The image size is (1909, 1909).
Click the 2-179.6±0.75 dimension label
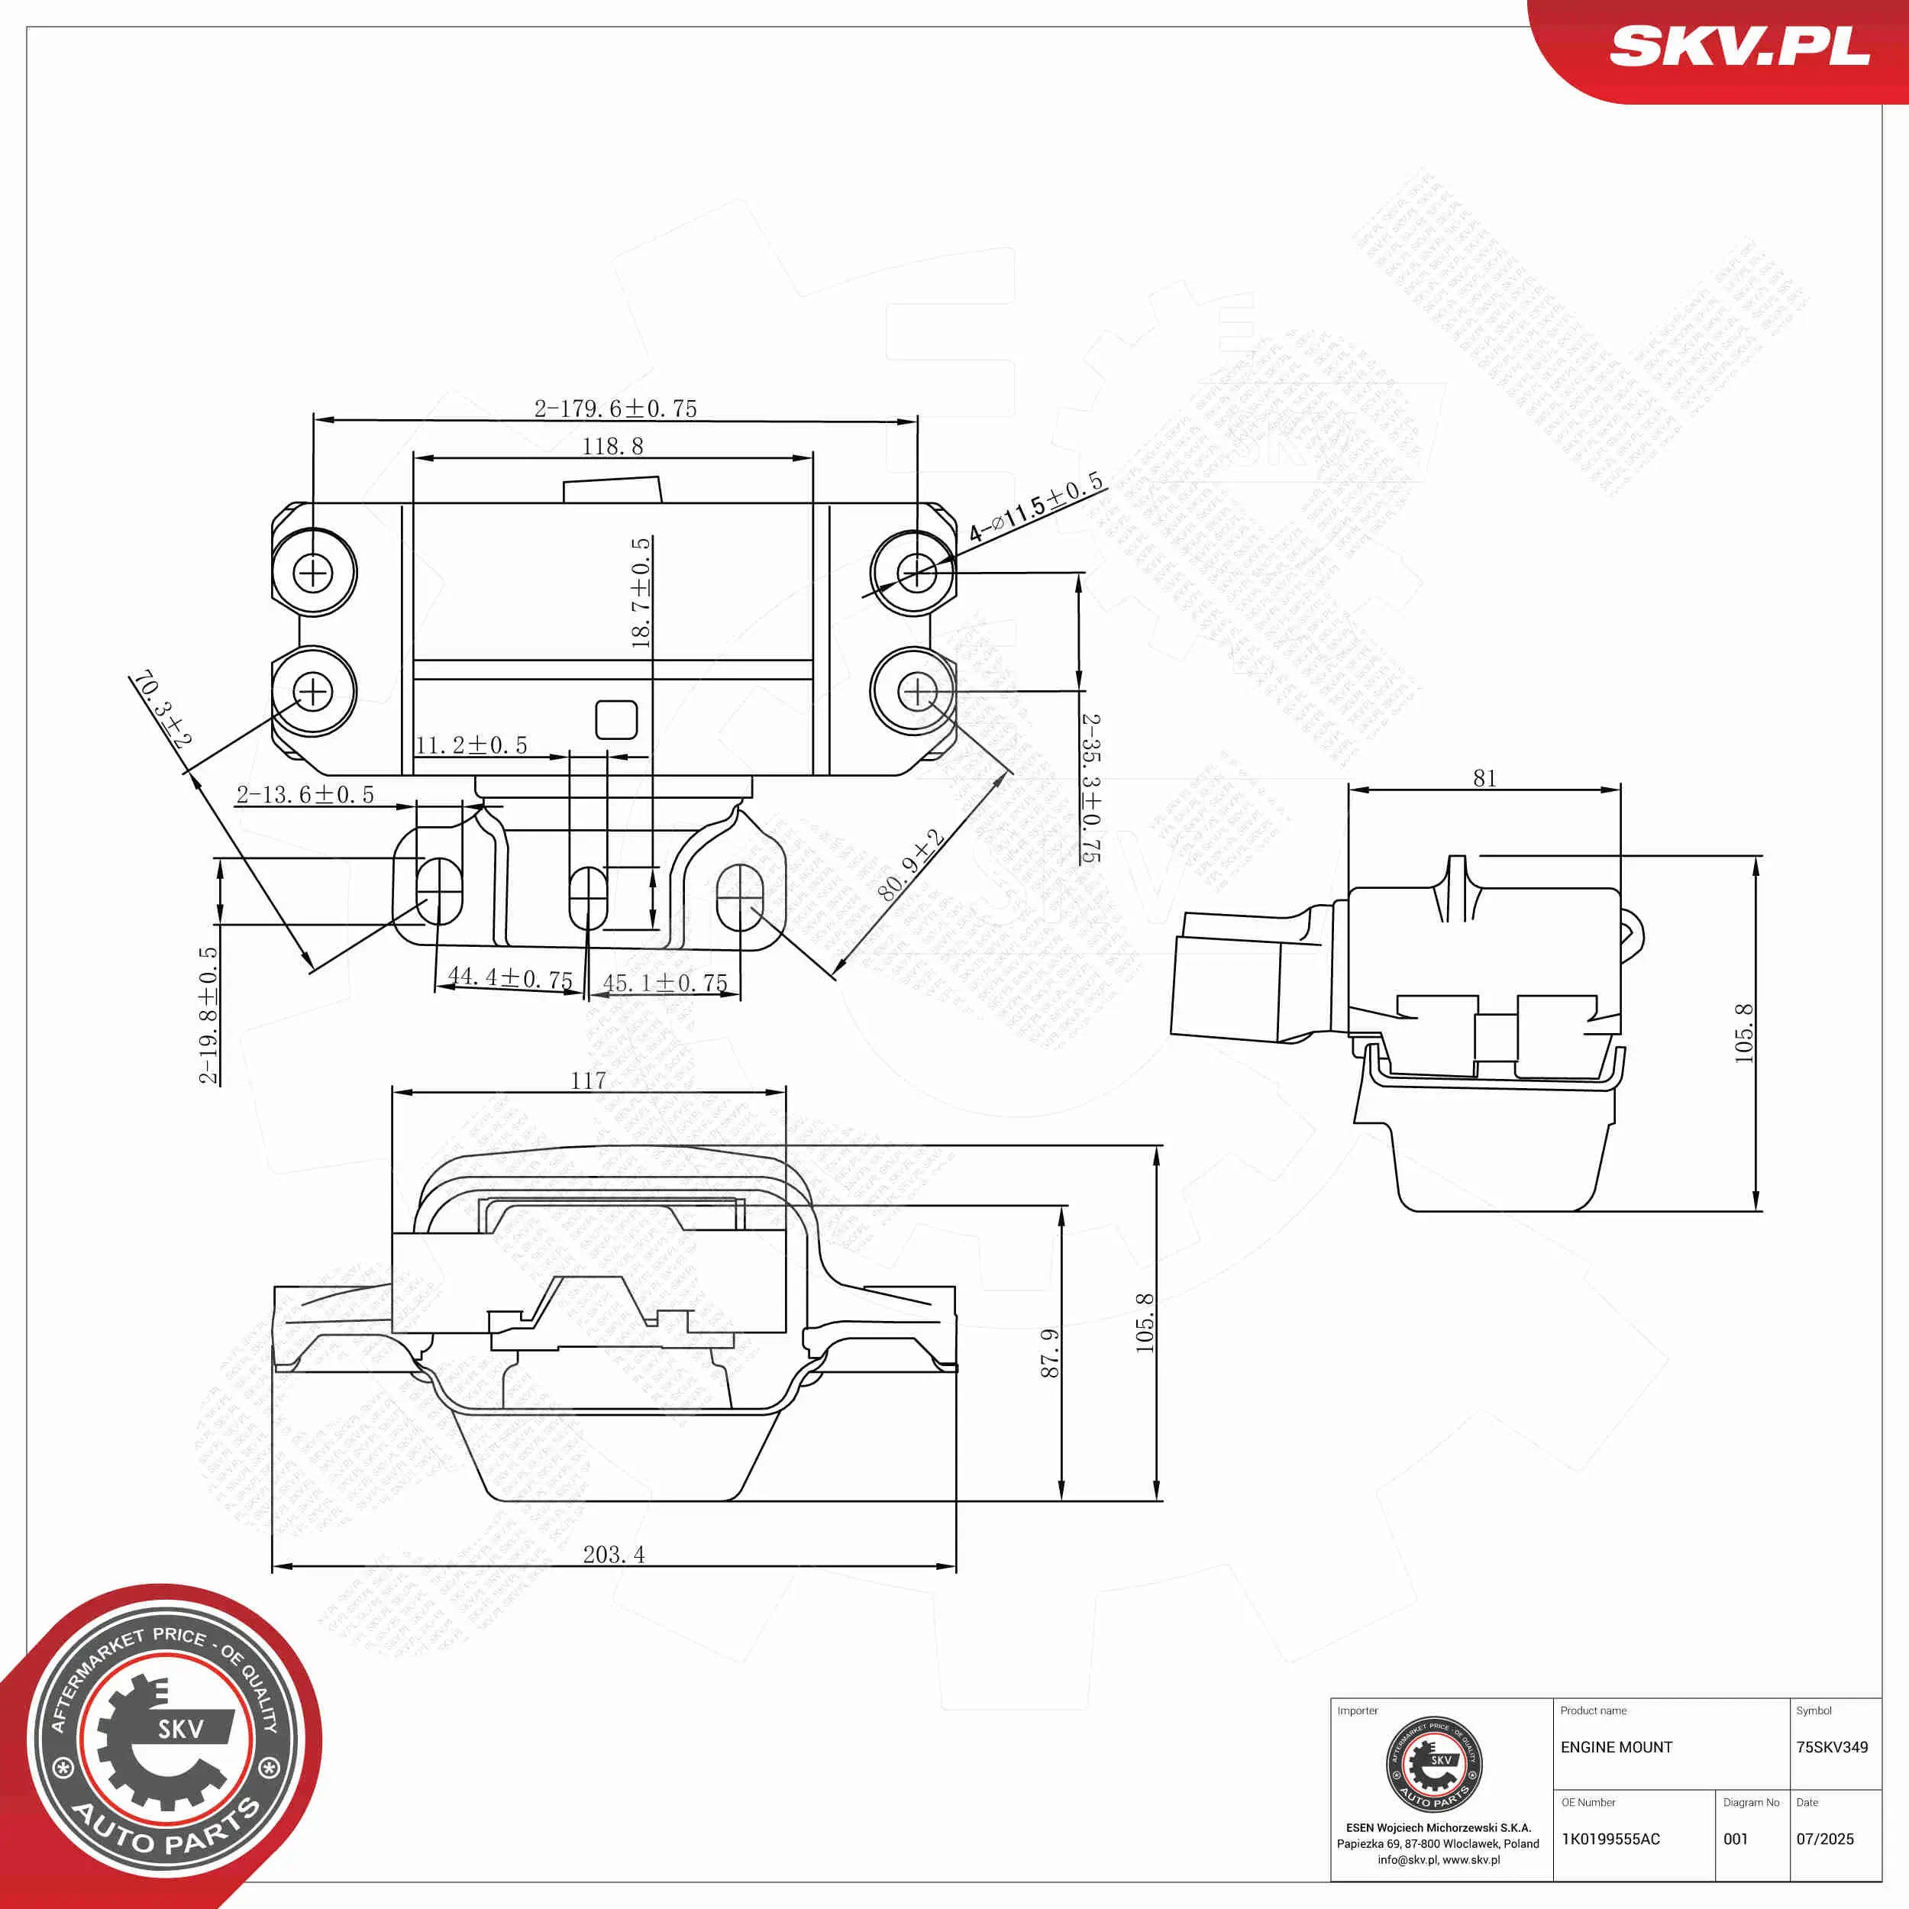615,408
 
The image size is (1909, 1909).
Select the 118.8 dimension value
612,447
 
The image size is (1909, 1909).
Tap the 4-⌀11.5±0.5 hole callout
1035,508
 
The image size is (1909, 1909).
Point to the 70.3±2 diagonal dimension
162,708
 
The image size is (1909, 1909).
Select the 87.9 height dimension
1049,1352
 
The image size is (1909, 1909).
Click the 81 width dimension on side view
1484,779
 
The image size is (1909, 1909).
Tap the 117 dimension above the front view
588,1080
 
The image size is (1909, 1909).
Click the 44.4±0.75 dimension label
510,977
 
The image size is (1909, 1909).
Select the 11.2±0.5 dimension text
470,745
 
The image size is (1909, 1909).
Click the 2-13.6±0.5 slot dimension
305,794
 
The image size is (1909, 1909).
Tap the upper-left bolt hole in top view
313,572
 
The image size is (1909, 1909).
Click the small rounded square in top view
615,719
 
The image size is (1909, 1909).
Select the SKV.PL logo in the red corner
1739,47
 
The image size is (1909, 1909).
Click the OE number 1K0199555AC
1610,1839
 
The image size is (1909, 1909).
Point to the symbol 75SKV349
1831,1747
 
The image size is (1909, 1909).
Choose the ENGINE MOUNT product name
1616,1747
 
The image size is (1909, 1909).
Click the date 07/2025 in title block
1824,1839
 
